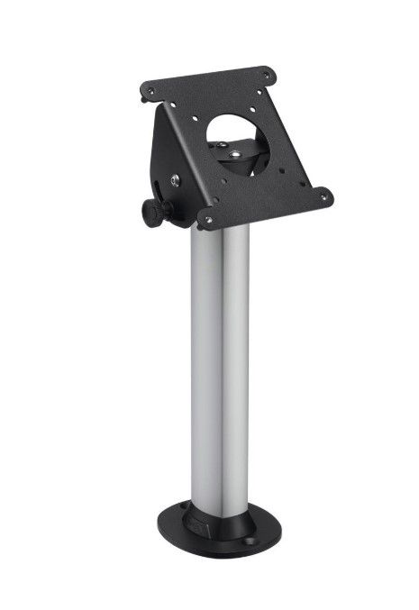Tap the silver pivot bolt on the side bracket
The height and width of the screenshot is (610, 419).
coord(174,181)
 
